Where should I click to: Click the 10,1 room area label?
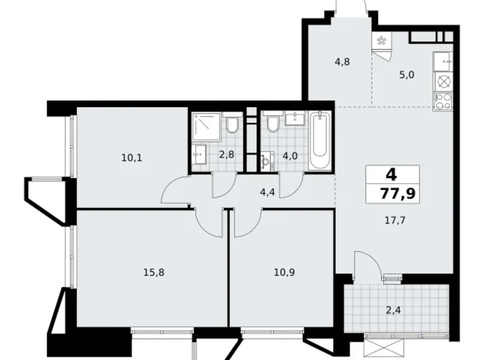coord(132,158)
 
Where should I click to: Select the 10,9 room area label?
coord(283,271)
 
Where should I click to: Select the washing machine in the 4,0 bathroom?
coord(267,163)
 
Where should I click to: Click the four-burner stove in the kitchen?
coord(443,101)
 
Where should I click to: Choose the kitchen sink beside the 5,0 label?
coord(443,60)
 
